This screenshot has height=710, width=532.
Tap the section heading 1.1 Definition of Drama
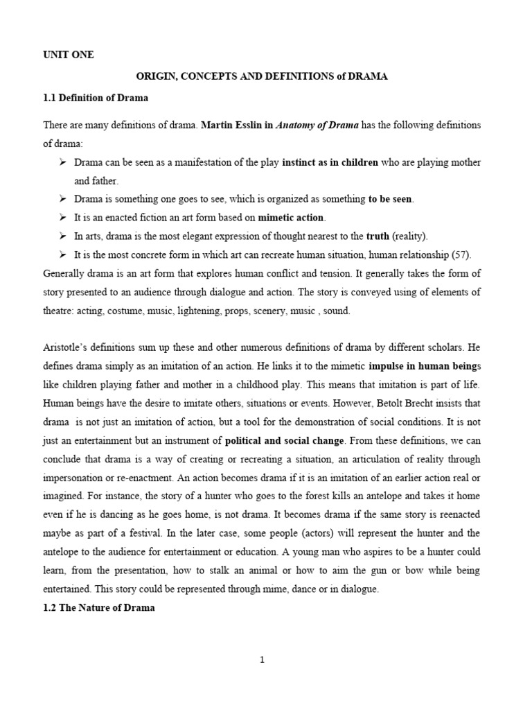click(96, 98)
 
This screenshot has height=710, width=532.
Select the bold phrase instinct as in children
click(330, 162)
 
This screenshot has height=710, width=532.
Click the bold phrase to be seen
click(390, 199)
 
